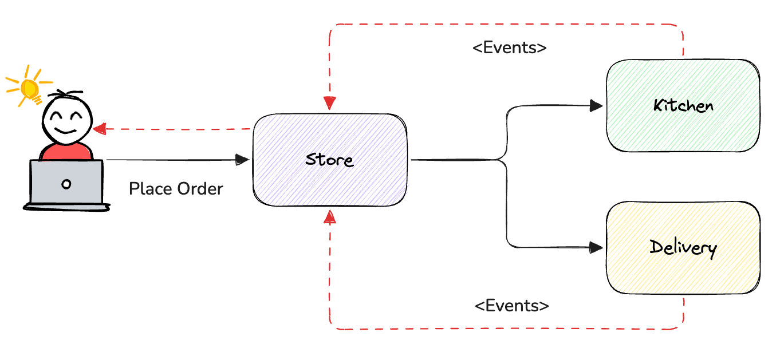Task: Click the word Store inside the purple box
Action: (330, 159)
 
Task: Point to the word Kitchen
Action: (683, 106)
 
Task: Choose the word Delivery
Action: (683, 248)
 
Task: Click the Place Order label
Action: (176, 188)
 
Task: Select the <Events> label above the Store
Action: (509, 48)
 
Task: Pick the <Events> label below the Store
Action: (511, 306)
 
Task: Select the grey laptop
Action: (66, 183)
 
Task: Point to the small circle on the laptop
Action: (66, 184)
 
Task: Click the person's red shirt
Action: (65, 152)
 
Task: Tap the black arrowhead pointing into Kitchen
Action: (597, 106)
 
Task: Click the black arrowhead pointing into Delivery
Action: (597, 247)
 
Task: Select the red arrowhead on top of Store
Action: (330, 103)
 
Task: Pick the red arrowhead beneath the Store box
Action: (329, 216)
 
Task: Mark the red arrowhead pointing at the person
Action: (101, 129)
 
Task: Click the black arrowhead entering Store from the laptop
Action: (242, 160)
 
